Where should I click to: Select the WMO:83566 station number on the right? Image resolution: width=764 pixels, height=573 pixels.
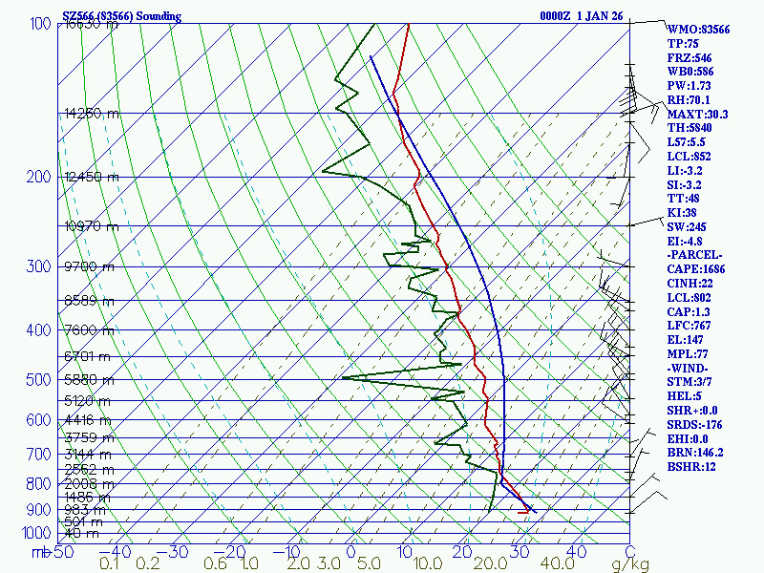(698, 30)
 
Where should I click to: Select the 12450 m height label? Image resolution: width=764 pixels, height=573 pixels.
(92, 177)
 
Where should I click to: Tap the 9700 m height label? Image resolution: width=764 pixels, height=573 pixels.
(89, 266)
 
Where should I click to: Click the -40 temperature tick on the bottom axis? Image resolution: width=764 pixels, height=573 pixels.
(117, 552)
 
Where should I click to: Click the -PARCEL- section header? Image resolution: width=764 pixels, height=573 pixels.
(696, 255)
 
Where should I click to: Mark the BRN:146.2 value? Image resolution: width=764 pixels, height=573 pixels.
(695, 452)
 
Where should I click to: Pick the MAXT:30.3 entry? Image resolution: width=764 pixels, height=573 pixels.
(697, 114)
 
